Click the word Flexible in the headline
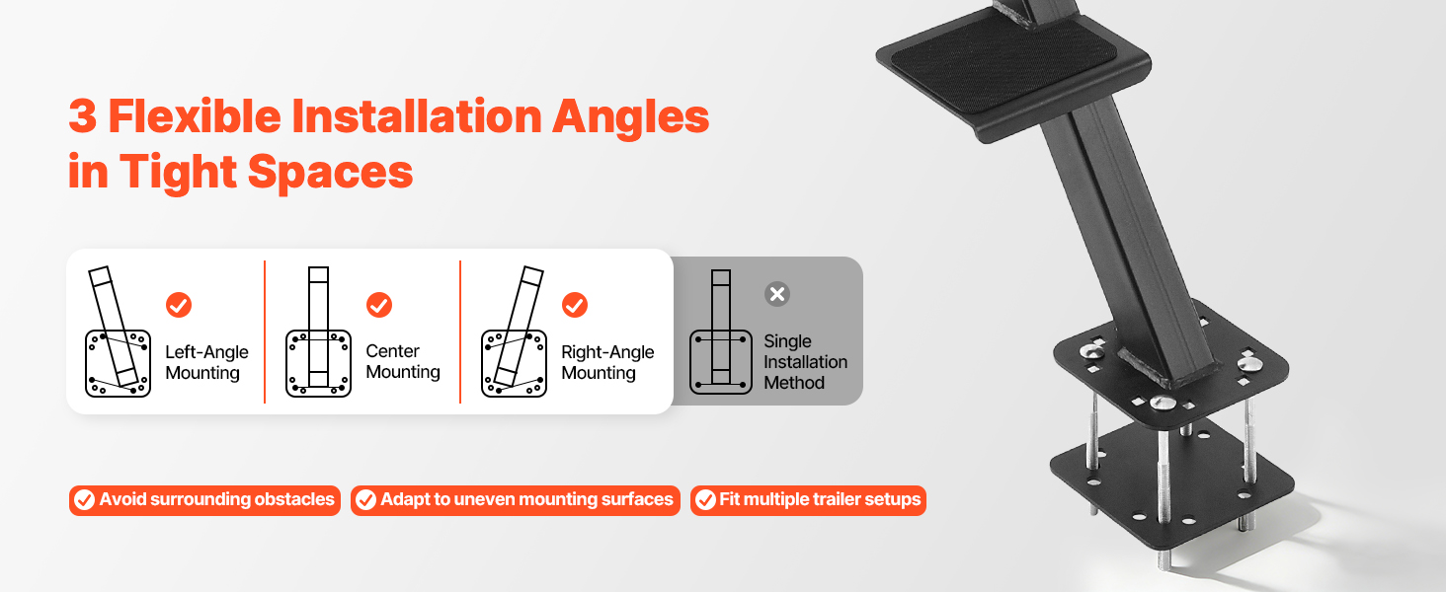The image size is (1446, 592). pyautogui.click(x=195, y=116)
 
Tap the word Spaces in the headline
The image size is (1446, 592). pyautogui.click(x=330, y=173)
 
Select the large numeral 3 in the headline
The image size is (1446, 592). pyautogui.click(x=83, y=116)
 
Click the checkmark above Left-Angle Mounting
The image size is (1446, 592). pyautogui.click(x=179, y=305)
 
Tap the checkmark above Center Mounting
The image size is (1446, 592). pyautogui.click(x=379, y=305)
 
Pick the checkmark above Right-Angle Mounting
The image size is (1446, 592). pyautogui.click(x=575, y=305)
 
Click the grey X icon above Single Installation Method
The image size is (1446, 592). pyautogui.click(x=777, y=294)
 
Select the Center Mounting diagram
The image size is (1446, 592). pyautogui.click(x=318, y=333)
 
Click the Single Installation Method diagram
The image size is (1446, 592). pyautogui.click(x=720, y=333)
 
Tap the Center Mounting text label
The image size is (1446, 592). pyautogui.click(x=403, y=361)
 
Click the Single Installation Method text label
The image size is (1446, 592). pyautogui.click(x=805, y=362)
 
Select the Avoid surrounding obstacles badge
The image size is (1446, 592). pyautogui.click(x=204, y=500)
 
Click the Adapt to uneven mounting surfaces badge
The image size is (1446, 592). pyautogui.click(x=516, y=500)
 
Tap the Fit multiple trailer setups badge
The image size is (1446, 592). pyautogui.click(x=808, y=500)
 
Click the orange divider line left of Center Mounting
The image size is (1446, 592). pyautogui.click(x=265, y=333)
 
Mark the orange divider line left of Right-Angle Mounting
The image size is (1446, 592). pyautogui.click(x=460, y=333)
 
